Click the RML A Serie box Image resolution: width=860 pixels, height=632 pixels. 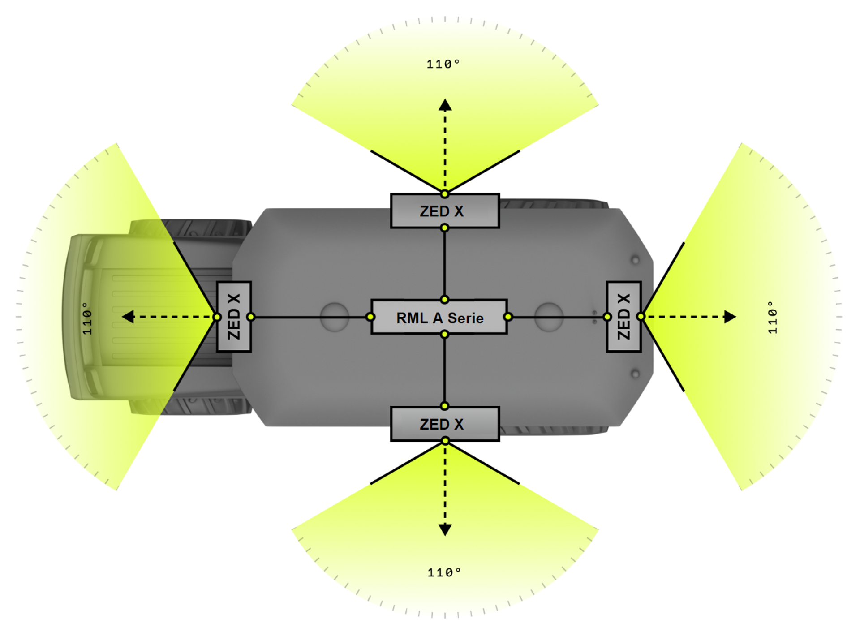pos(439,317)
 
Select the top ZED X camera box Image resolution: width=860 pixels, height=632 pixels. pos(444,211)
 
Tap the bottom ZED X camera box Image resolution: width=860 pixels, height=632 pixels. pos(444,424)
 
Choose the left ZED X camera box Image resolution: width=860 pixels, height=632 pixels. pos(234,317)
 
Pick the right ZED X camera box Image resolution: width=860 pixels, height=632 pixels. pos(623,317)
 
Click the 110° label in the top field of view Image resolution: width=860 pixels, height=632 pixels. pos(443,64)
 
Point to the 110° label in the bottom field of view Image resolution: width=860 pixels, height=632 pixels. pos(444,572)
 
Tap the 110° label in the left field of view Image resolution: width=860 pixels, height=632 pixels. pos(87,318)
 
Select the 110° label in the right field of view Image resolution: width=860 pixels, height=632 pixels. pos(773,317)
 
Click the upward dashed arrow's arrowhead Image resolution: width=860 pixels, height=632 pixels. pos(445,106)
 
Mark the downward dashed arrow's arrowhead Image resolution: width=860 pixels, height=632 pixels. pos(445,529)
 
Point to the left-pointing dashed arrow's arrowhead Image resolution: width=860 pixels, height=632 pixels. pos(129,317)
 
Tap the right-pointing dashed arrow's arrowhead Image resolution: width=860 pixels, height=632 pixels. pos(730,317)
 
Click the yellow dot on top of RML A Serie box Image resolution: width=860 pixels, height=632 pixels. pos(444,300)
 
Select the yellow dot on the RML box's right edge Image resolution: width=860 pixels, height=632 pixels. pos(508,317)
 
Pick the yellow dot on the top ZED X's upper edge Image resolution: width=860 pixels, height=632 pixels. pos(444,194)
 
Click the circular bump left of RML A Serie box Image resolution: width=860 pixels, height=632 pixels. pos(335,317)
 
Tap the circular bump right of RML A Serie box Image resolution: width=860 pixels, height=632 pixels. pos(549,317)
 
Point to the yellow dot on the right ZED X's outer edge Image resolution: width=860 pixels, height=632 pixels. pos(641,317)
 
